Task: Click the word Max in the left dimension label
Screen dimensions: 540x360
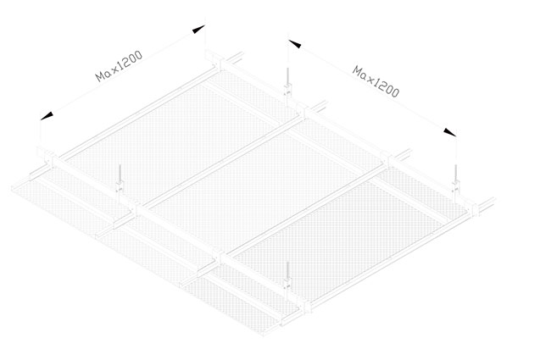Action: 107,71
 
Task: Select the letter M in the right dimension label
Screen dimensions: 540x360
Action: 358,72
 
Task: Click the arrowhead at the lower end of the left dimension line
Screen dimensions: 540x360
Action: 47,116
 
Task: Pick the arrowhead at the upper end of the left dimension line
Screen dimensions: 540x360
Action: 198,30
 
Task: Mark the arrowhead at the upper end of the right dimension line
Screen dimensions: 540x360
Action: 295,44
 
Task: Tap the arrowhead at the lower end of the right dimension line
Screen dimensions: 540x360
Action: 450,132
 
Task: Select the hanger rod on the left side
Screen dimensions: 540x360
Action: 120,174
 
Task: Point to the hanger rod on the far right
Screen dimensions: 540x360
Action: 456,173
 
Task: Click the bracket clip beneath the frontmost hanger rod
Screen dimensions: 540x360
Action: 288,285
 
